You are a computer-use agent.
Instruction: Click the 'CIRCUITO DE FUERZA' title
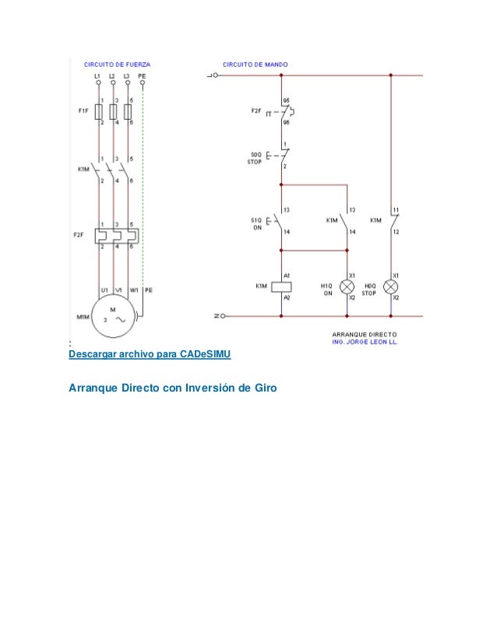click(x=118, y=63)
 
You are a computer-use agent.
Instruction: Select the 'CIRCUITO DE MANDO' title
click(x=256, y=63)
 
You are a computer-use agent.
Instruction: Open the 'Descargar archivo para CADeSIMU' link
click(x=150, y=354)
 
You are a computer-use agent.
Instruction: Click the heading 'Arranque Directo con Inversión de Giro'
click(x=173, y=387)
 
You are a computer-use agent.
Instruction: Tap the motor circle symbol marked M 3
click(x=114, y=315)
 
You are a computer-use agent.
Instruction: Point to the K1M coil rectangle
click(x=280, y=286)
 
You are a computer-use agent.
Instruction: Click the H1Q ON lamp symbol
click(x=347, y=286)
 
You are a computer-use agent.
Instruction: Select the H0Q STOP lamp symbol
click(x=391, y=286)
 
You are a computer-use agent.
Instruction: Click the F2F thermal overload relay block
click(x=115, y=234)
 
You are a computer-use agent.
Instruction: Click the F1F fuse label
click(x=83, y=111)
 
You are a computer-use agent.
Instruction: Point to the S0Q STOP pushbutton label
click(x=255, y=158)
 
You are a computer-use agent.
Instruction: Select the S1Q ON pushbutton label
click(x=256, y=224)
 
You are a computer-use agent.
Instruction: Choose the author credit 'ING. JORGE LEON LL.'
click(x=365, y=340)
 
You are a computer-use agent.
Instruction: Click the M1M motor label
click(x=83, y=317)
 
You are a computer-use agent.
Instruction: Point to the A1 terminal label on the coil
click(x=287, y=276)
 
